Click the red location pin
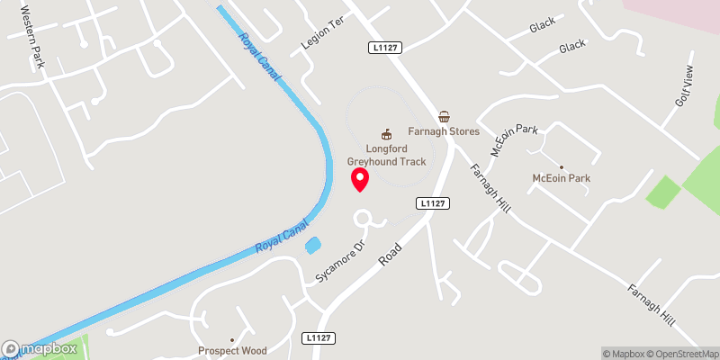(360, 178)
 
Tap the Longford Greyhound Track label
(388, 155)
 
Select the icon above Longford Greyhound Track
(388, 133)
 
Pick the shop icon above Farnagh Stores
(444, 116)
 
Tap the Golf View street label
(686, 87)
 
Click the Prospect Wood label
(232, 350)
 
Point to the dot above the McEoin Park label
(561, 166)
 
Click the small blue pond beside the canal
(313, 245)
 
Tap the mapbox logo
(40, 348)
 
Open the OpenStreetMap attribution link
(682, 354)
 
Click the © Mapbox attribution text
(625, 354)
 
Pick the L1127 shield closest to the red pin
(434, 204)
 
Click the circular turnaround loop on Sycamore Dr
(364, 219)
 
